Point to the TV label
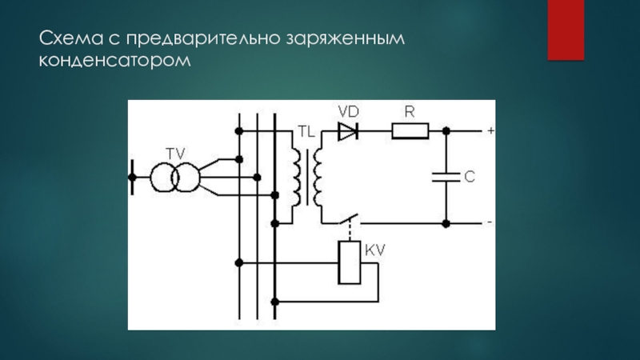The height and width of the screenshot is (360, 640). pyautogui.click(x=174, y=152)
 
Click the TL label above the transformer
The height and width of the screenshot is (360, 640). pyautogui.click(x=306, y=130)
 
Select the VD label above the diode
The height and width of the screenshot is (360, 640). pyautogui.click(x=348, y=111)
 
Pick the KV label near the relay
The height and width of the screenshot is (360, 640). pyautogui.click(x=375, y=250)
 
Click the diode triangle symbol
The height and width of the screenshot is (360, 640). pyautogui.click(x=347, y=130)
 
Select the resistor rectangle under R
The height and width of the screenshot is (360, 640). pyautogui.click(x=410, y=130)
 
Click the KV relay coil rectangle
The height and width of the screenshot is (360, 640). pyautogui.click(x=350, y=263)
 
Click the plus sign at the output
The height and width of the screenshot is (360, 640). pyautogui.click(x=490, y=129)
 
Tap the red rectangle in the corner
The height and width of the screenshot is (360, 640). pyautogui.click(x=565, y=29)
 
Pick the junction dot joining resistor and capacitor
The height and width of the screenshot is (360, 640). pyautogui.click(x=446, y=130)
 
